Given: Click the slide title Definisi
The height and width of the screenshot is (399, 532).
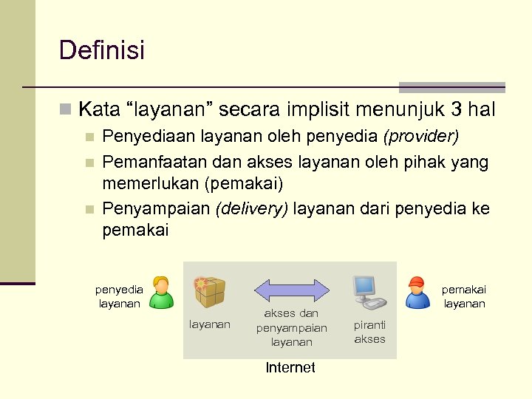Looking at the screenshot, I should [102, 50].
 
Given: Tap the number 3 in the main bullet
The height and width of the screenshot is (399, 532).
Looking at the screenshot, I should [457, 110].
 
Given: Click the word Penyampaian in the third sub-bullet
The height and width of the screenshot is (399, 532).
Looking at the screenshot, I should [156, 210].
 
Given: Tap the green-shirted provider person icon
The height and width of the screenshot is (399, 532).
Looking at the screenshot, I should [161, 292].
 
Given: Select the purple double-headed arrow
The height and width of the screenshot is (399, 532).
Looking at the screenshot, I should [291, 291].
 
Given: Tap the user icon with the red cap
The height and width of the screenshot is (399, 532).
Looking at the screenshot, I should [417, 292].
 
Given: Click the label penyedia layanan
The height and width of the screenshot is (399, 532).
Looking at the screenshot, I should [119, 297].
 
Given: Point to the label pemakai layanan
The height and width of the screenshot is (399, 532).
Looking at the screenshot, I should [464, 297].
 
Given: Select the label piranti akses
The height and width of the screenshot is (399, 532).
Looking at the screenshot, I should [369, 332].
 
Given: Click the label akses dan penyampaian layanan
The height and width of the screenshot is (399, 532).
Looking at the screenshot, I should [291, 327].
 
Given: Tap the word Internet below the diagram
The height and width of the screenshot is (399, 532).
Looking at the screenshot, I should [290, 368].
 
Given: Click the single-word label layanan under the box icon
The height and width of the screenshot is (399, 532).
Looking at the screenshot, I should [210, 324].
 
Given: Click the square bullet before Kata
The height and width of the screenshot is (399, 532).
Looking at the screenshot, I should [65, 111].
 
